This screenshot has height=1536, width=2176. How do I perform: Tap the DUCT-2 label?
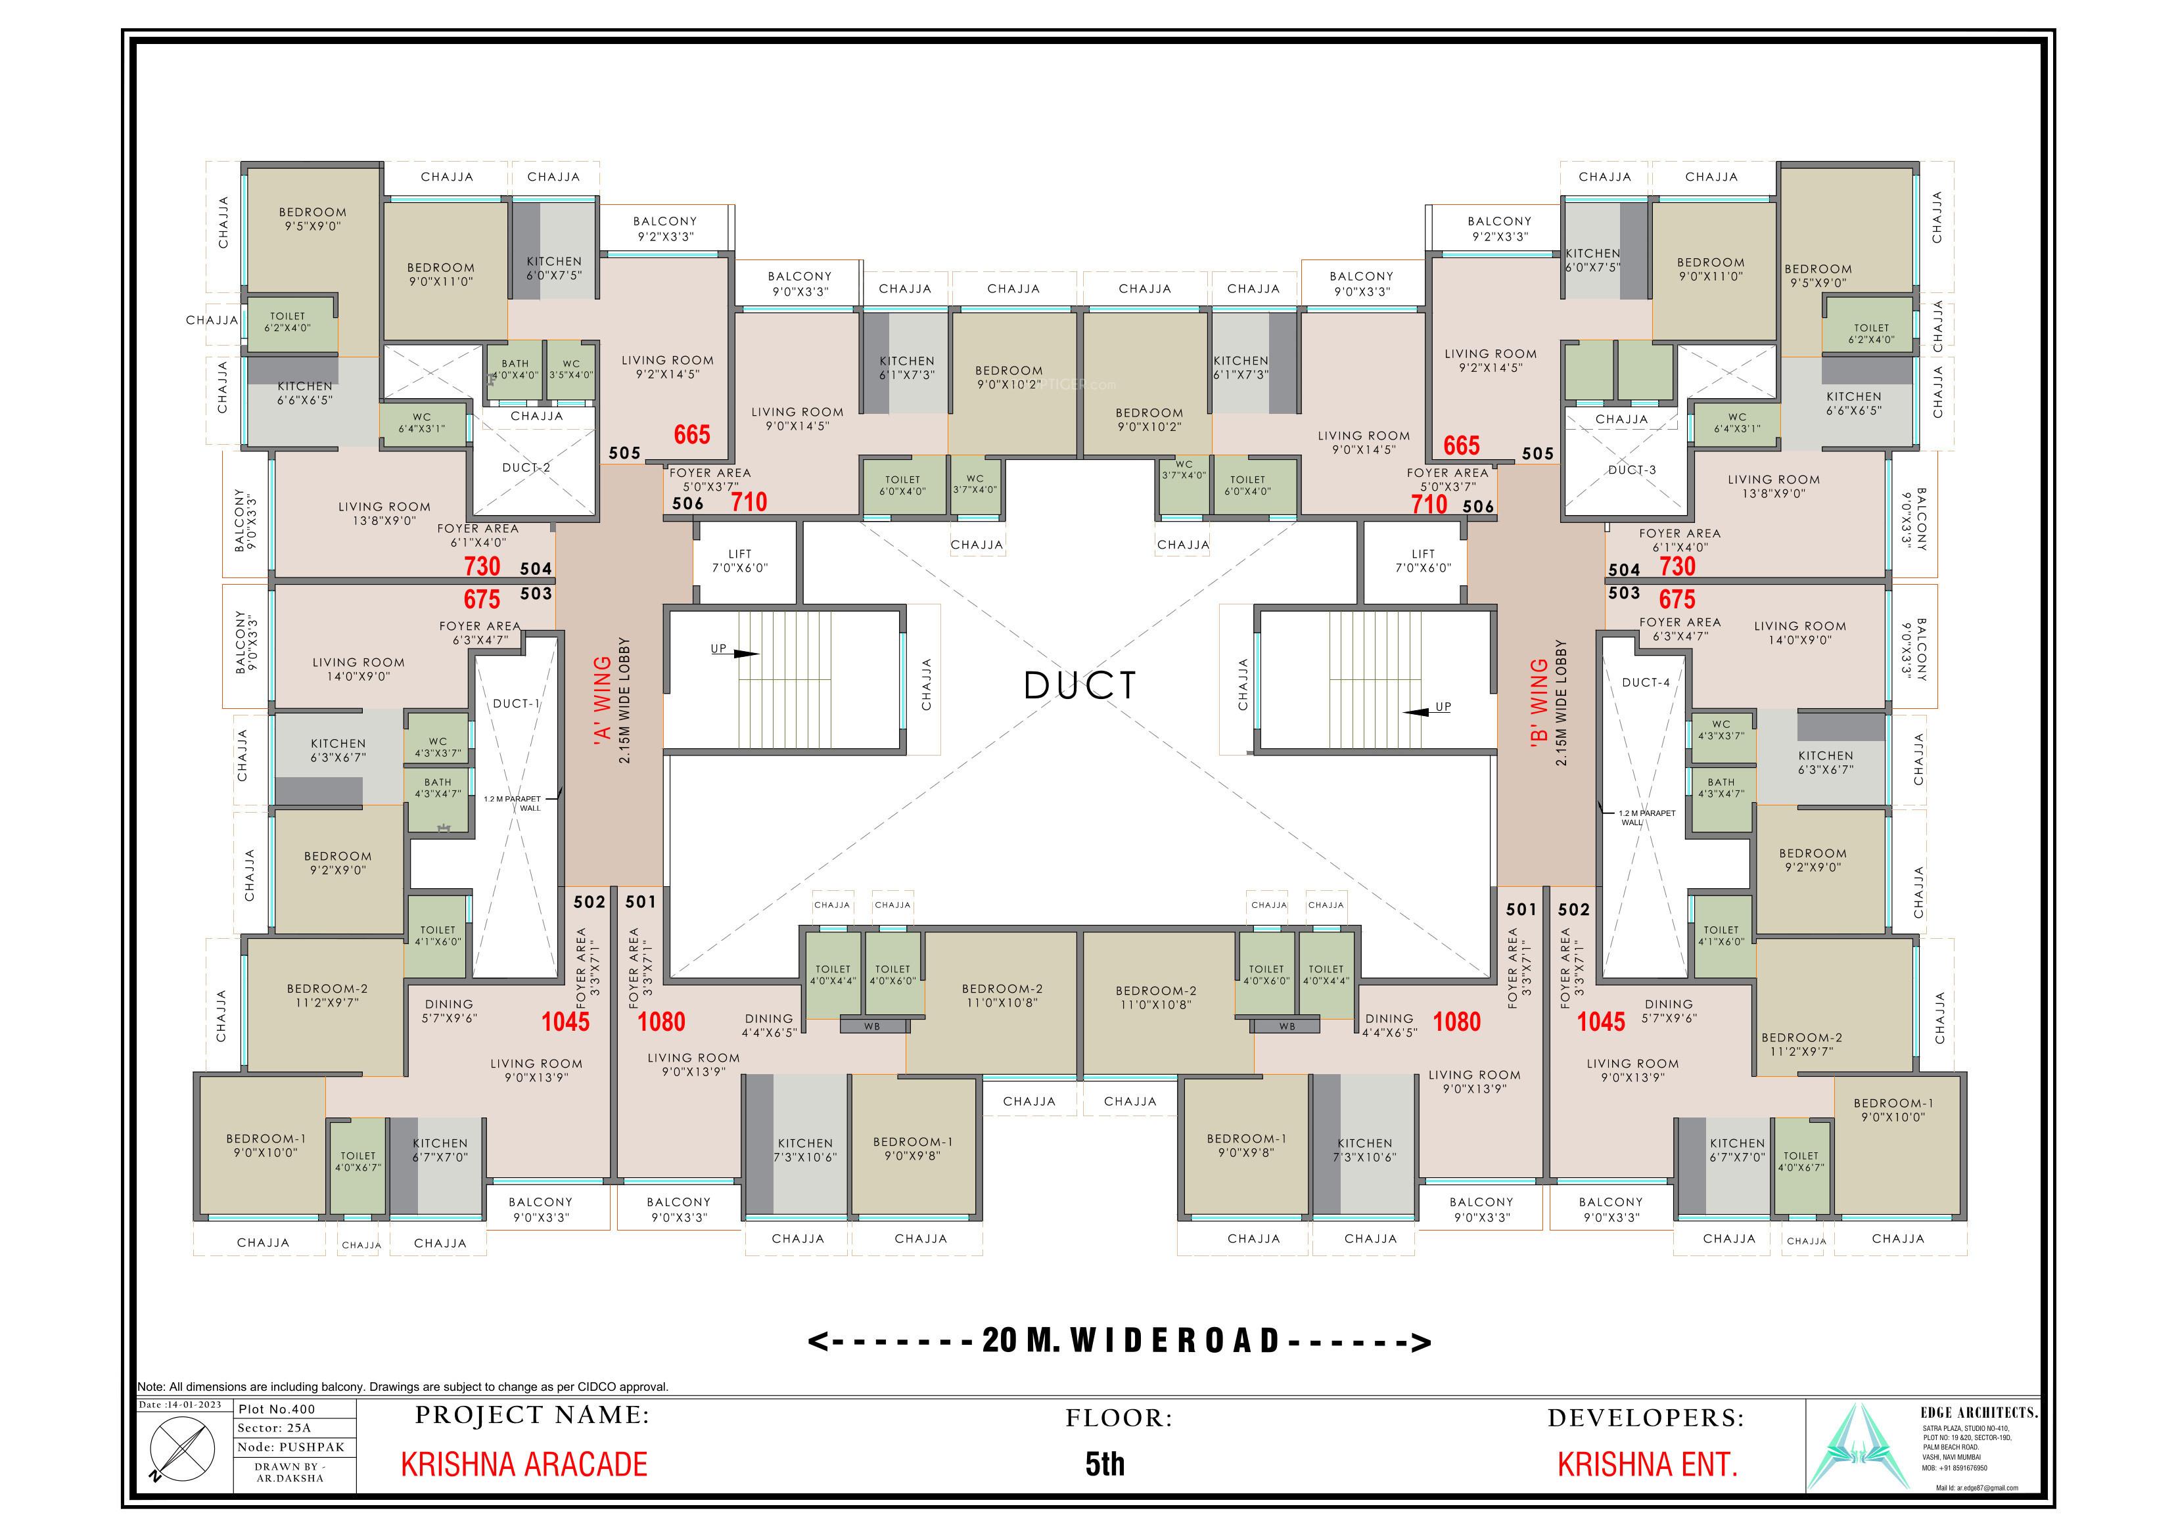tap(526, 467)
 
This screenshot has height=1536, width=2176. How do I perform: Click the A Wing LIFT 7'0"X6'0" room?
tap(740, 561)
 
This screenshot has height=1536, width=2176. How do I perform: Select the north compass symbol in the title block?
tap(177, 1451)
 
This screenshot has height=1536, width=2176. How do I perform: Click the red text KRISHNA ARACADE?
tap(524, 1464)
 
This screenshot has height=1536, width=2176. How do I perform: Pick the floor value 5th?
tap(1105, 1464)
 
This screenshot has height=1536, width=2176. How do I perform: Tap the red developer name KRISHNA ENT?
tap(1647, 1464)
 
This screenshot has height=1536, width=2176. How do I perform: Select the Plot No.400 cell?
tap(277, 1410)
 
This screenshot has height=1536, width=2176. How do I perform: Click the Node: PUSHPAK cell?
tap(291, 1447)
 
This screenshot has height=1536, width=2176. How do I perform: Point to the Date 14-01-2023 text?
tap(180, 1405)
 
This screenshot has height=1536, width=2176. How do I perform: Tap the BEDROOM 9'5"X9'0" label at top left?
tap(313, 219)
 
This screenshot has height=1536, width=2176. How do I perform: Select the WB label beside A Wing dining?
tap(872, 1026)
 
